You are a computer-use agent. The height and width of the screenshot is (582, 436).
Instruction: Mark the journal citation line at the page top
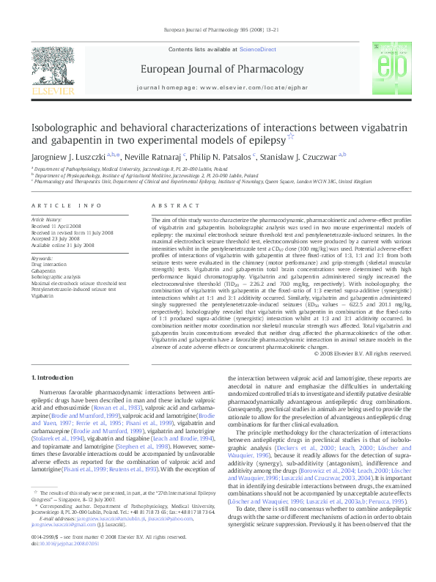218,30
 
